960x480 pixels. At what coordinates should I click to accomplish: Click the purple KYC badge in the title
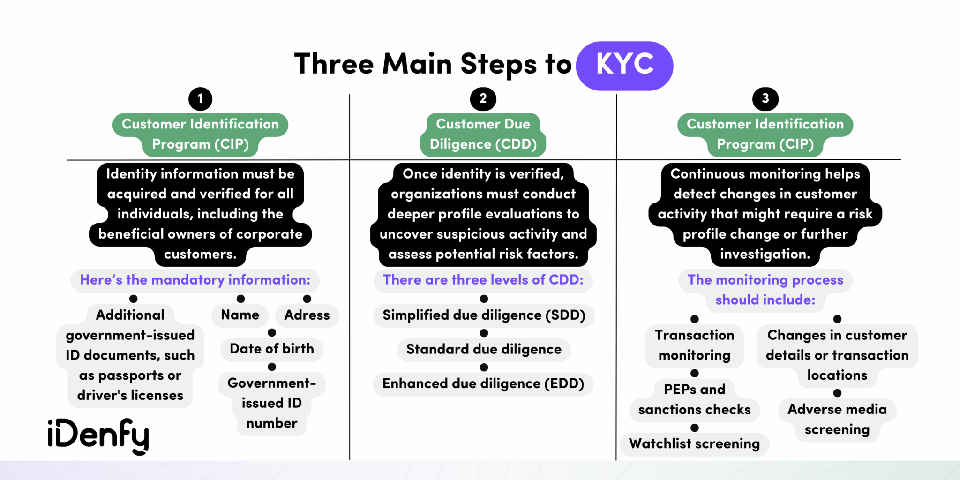(624, 65)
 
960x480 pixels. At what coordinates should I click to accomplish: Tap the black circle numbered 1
(200, 99)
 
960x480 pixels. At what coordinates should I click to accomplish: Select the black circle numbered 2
(483, 99)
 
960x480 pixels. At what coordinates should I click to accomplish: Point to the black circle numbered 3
(765, 99)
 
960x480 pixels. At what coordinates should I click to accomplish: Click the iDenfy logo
(98, 435)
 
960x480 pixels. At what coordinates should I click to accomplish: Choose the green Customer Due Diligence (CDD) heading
(483, 135)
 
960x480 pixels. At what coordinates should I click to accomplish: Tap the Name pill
(240, 315)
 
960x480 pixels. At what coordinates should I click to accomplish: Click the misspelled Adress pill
(307, 315)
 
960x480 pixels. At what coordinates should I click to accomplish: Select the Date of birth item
(272, 349)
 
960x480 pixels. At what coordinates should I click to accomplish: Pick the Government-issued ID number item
(272, 403)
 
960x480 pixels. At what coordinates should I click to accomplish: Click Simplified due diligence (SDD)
(484, 315)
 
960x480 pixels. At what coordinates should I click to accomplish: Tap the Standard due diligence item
(484, 350)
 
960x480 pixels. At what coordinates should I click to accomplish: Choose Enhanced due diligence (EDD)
(483, 384)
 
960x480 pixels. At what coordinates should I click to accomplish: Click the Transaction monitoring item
(695, 345)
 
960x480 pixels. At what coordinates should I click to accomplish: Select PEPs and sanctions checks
(695, 400)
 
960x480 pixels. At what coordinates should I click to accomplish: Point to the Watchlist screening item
(695, 444)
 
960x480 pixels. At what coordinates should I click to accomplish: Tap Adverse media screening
(837, 420)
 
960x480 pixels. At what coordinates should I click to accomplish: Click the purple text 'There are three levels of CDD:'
(483, 280)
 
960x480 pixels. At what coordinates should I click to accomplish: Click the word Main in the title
(417, 64)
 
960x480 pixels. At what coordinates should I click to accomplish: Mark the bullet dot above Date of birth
(272, 332)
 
